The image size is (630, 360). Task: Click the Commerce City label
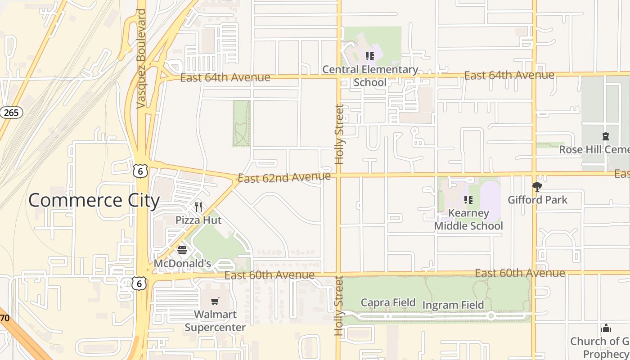coord(94,200)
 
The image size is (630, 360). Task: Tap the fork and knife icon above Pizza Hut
coord(198,207)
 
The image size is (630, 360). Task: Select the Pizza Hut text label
coord(198,220)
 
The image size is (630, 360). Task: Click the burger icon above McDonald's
coord(182,250)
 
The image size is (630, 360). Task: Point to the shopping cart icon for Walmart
coord(215,301)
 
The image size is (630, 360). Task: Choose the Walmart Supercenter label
coord(215,321)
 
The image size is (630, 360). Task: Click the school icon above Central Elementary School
coord(369,56)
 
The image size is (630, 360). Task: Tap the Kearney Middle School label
coord(468,220)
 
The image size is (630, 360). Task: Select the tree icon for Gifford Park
coord(537,186)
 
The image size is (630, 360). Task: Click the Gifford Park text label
coord(538,199)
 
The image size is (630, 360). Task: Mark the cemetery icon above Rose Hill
coord(606,136)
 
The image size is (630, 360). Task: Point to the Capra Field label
coord(388,302)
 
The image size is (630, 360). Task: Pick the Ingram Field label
coord(453,305)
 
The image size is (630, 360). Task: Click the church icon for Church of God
coord(606,328)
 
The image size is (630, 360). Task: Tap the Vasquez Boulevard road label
coord(141,58)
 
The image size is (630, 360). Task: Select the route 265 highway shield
coord(11,112)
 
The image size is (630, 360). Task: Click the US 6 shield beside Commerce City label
coord(140,171)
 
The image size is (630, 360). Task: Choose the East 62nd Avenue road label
coord(284,177)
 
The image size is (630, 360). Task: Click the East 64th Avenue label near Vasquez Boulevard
coord(225,78)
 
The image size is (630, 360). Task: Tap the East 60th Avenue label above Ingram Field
coord(520,273)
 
